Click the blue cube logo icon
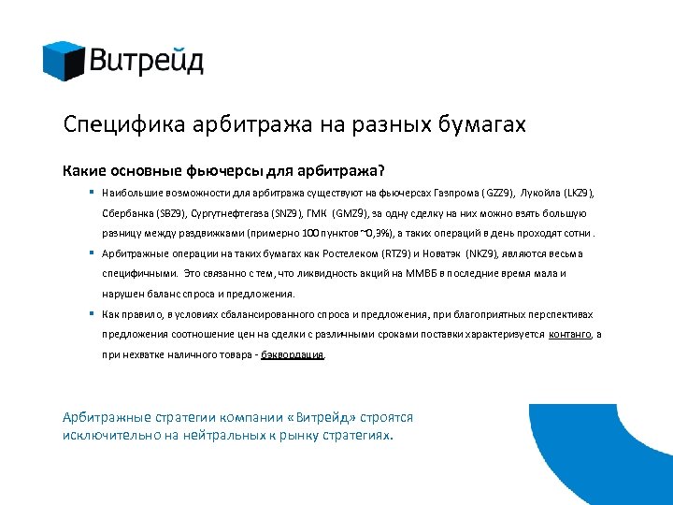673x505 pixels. click(64, 61)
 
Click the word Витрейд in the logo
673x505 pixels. click(147, 62)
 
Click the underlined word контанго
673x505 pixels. click(569, 335)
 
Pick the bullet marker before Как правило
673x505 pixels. click(94, 313)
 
